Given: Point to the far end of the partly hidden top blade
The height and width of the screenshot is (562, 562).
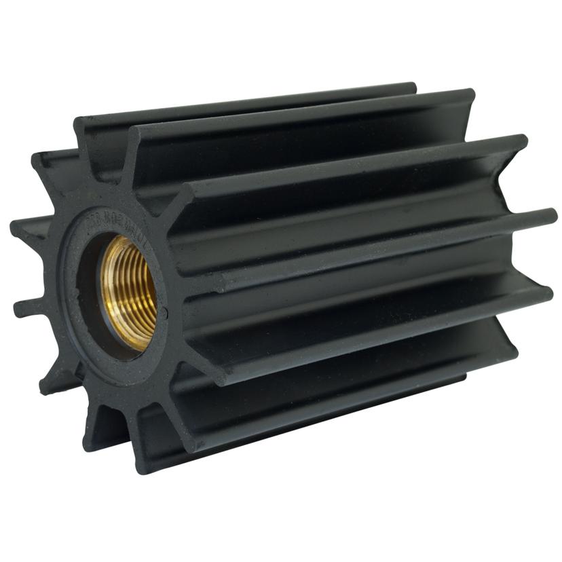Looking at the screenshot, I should (411, 88).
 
